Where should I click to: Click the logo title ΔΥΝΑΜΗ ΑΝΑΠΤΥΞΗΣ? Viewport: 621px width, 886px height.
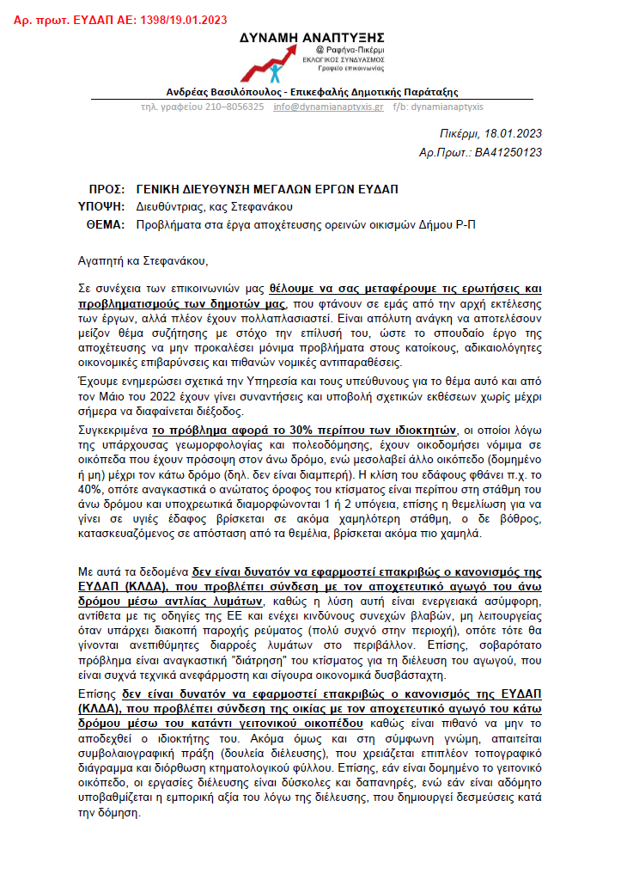312,37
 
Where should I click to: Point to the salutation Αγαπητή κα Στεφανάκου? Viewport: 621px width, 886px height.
143,260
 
